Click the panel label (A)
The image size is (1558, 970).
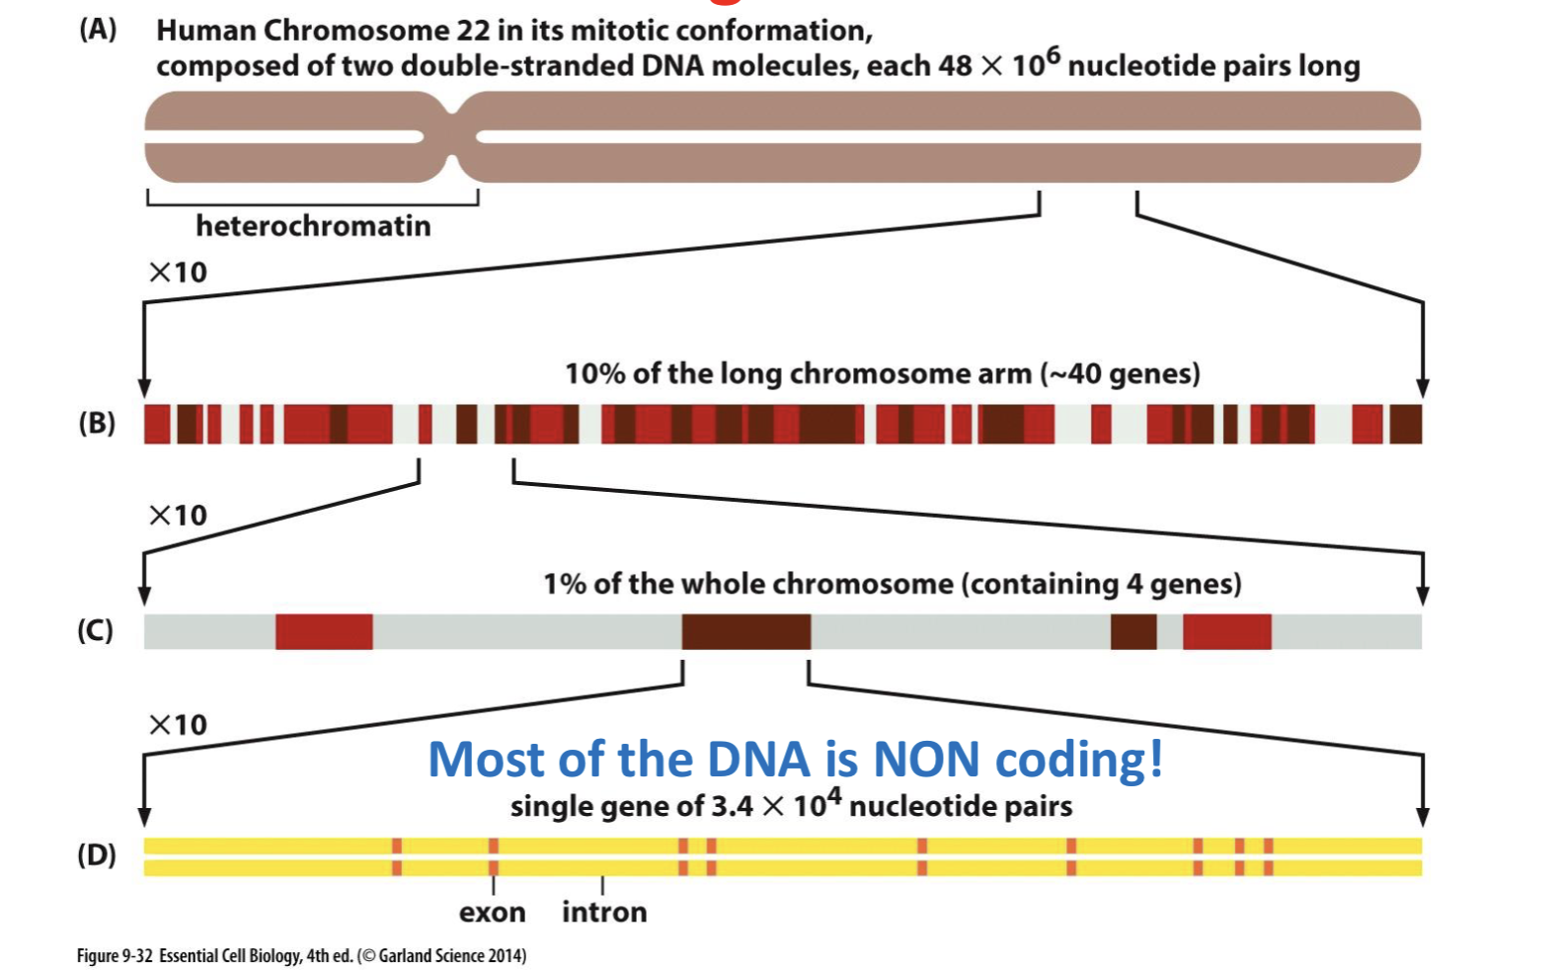coord(98,30)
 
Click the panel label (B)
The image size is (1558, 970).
coord(97,423)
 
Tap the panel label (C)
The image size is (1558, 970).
coord(96,630)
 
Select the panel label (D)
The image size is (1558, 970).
coord(97,854)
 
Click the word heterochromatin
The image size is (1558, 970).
coord(313,226)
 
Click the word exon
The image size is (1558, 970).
coord(492,912)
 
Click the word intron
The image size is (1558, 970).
coord(604,912)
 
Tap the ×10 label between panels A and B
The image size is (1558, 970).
coord(178,272)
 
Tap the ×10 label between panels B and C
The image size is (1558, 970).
coord(178,515)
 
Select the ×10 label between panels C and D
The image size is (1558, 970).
coord(178,724)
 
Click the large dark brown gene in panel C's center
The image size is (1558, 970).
coord(745,632)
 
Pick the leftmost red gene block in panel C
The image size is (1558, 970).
coord(324,632)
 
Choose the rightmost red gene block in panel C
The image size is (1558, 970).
coord(1226,632)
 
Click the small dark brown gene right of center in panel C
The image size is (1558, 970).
coord(1132,632)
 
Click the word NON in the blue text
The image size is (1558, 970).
coord(926,759)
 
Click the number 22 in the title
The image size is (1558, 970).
coord(473,31)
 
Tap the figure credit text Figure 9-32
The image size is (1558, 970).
coord(115,955)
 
